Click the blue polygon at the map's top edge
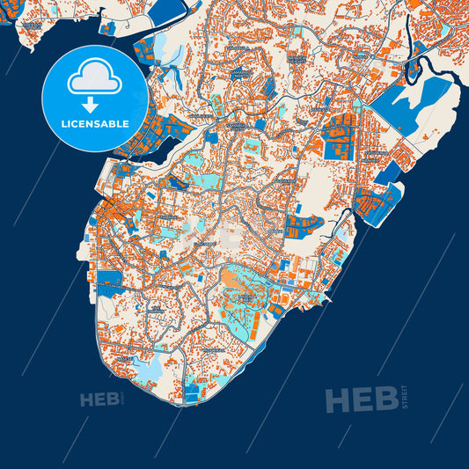pyautogui.click(x=166, y=11)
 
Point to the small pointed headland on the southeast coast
pyautogui.click(x=330, y=302)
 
